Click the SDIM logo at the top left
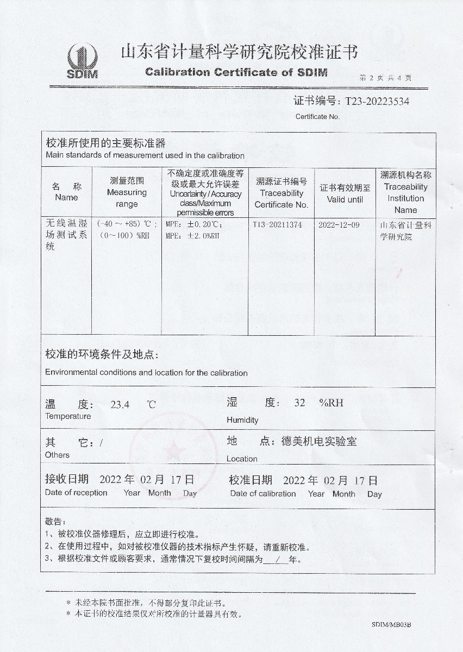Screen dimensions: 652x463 point(82,61)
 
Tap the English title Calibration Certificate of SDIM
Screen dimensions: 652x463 point(236,72)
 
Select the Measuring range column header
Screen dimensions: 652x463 point(127,192)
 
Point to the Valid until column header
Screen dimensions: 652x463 point(345,194)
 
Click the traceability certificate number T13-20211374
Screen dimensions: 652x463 point(277,224)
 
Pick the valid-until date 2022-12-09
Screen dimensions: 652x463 point(339,224)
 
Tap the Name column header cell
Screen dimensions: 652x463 point(66,192)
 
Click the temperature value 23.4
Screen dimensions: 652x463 point(120,404)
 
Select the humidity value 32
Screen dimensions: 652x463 point(299,403)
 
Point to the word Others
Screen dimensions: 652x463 point(57,455)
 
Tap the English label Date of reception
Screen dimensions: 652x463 point(76,493)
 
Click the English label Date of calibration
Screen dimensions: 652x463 point(263,493)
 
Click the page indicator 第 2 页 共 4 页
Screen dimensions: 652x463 point(385,78)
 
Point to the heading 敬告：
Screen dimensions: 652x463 point(55,522)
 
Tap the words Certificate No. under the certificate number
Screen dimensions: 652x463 point(317,116)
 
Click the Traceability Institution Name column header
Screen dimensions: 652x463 point(405,192)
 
